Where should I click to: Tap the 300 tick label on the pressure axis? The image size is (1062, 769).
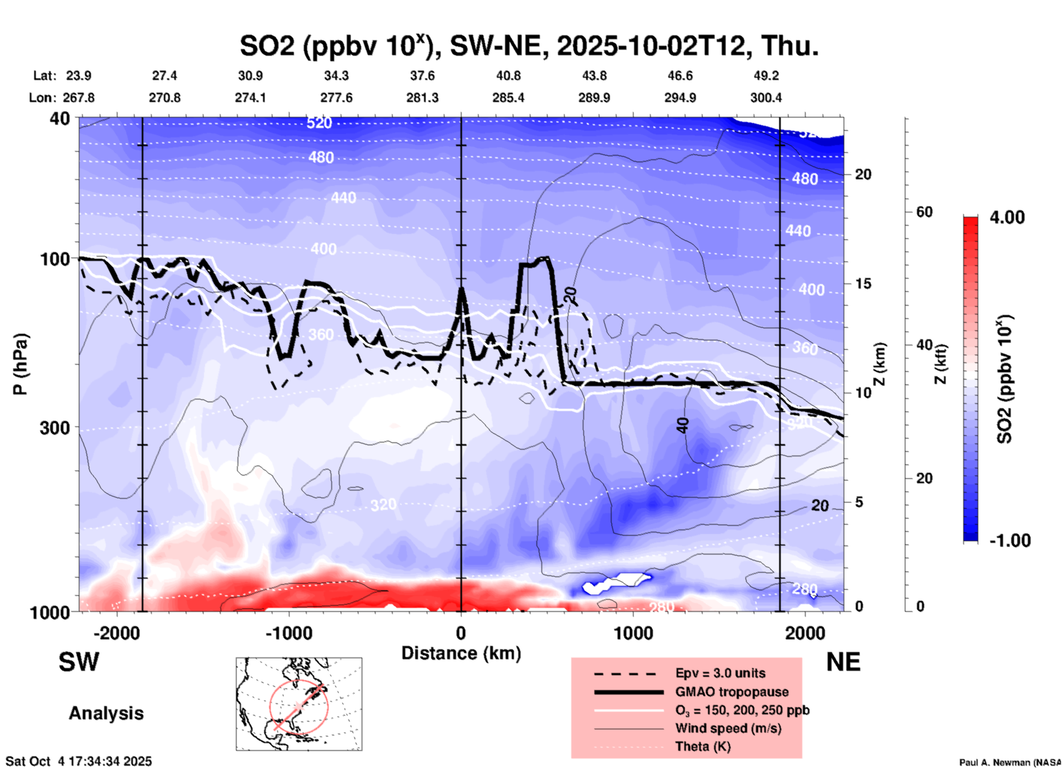coord(55,428)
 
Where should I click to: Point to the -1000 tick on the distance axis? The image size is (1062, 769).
coord(289,633)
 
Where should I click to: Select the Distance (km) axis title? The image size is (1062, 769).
coord(461,653)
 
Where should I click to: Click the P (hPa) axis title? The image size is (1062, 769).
coord(20,364)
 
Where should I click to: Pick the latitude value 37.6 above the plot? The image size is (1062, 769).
coord(422,76)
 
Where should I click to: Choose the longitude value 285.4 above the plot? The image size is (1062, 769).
coord(508,98)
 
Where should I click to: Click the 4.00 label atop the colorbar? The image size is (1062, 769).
coord(1007,217)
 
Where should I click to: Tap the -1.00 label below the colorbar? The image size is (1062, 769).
coord(1010,541)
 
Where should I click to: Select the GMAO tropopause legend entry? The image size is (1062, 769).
coord(732,692)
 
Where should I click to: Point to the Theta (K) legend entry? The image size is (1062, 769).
coord(702,746)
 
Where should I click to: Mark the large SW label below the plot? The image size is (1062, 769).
coord(79,662)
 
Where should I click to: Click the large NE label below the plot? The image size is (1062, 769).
coord(843,662)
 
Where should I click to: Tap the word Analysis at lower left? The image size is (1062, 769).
coord(106,713)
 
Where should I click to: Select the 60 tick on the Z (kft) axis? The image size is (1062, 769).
coord(924,212)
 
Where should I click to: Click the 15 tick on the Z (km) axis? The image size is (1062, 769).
coord(863,284)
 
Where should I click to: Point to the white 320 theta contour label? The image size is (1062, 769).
coord(383,505)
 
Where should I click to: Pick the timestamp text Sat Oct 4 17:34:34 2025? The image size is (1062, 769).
coord(78,761)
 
